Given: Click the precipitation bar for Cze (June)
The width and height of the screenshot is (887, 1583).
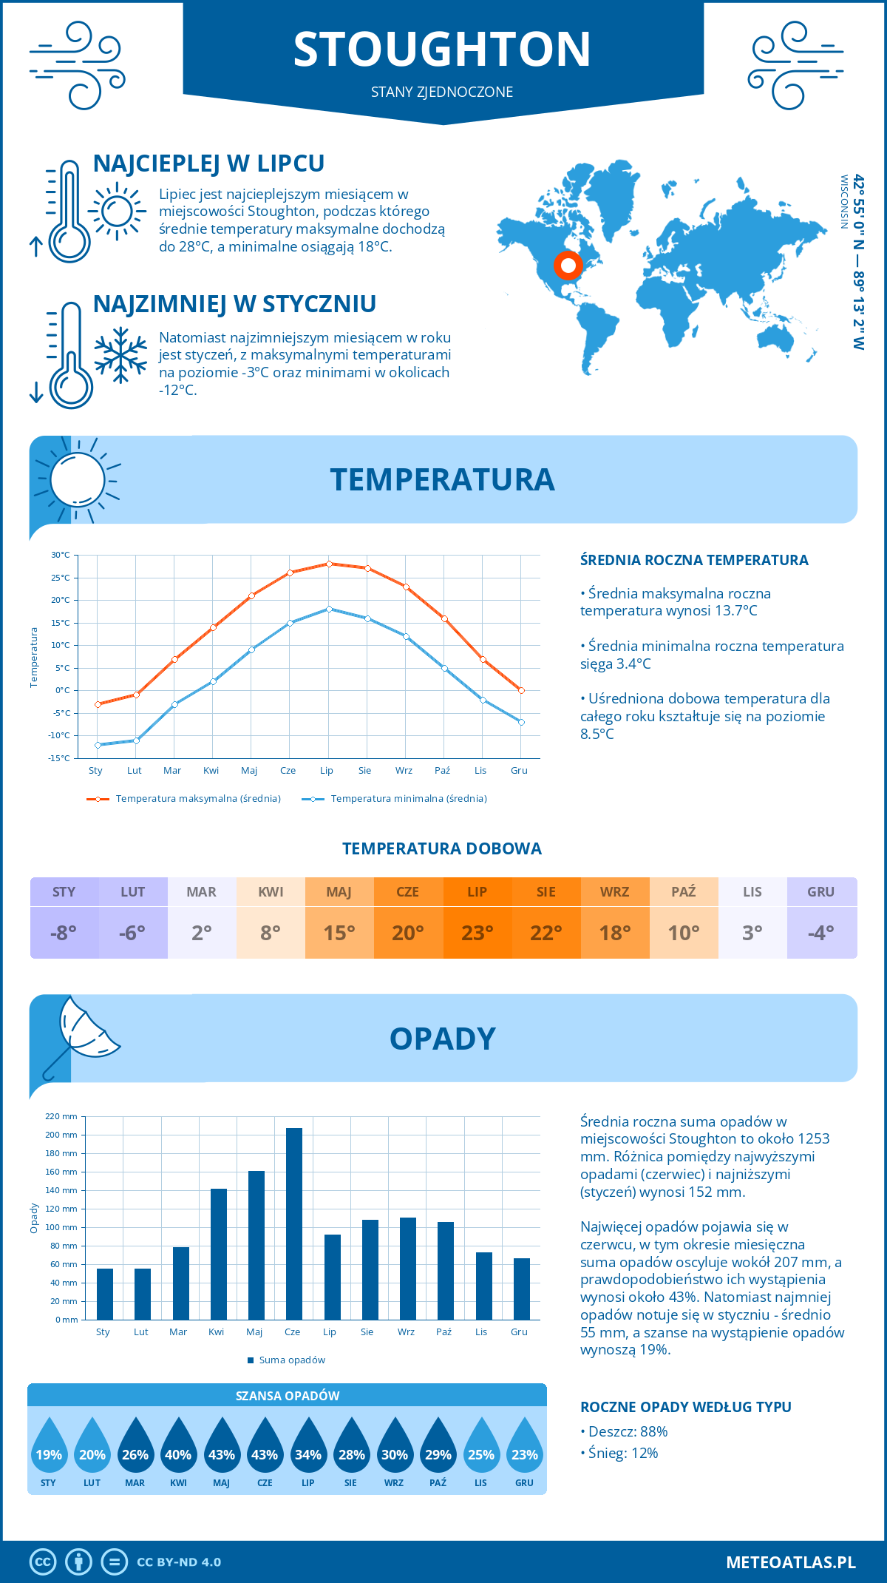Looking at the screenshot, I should point(294,1224).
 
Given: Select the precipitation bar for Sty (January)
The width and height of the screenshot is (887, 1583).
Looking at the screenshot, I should point(105,1294).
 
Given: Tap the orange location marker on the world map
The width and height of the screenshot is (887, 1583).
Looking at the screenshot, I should point(568,265).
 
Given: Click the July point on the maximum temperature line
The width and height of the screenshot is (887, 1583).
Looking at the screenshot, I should point(329,564).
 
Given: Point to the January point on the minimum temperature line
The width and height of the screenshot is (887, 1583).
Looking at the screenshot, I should point(98,745).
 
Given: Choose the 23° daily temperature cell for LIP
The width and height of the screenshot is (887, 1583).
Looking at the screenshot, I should point(477,932).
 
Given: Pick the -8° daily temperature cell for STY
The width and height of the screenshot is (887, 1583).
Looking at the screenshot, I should point(64,932).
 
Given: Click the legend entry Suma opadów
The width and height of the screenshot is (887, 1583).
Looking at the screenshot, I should point(292,1360).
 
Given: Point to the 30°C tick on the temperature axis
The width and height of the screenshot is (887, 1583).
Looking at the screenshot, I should point(61,555).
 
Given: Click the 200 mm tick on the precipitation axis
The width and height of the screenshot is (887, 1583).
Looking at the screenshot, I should point(61,1135).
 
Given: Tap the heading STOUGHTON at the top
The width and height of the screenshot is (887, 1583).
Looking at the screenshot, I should point(442,50).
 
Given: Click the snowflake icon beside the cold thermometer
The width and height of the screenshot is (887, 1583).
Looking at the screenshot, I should point(120,355).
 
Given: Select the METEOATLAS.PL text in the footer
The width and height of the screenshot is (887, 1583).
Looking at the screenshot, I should point(790,1562).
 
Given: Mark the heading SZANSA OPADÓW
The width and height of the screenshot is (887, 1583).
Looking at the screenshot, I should point(288,1396).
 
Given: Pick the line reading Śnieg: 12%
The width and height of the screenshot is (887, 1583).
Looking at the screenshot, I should point(619,1453).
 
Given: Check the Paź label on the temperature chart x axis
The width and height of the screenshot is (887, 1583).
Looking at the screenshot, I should point(442,771).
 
